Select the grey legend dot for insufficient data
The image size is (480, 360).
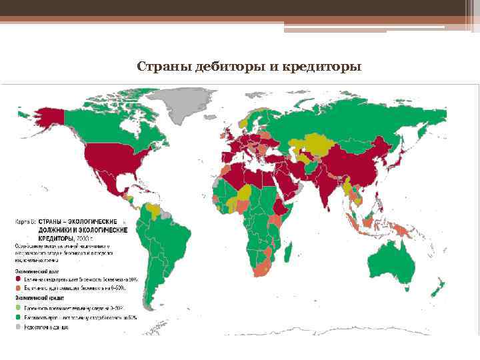pos(18,327)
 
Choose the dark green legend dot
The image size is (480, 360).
pos(18,317)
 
